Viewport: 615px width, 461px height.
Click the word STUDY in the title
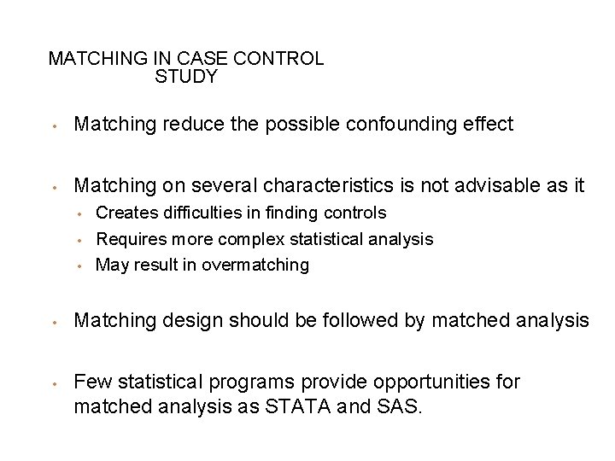(x=186, y=78)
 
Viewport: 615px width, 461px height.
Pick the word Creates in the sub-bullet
(x=121, y=212)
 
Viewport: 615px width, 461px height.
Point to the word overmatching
(x=256, y=265)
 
